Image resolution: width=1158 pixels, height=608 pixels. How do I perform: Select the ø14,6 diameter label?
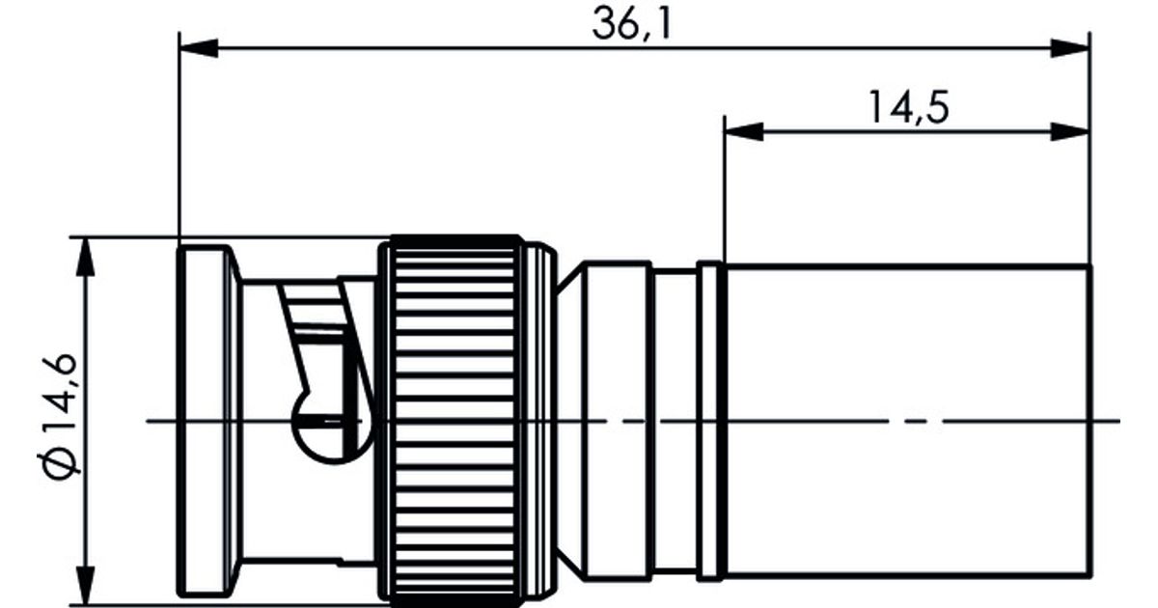click(60, 417)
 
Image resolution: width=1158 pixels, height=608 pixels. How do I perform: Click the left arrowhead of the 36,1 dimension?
click(198, 48)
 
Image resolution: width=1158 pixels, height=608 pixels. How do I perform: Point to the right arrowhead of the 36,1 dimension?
click(1070, 48)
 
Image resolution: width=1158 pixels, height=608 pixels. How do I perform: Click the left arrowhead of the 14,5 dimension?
click(743, 132)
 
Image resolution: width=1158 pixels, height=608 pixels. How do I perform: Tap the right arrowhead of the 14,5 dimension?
click(1070, 132)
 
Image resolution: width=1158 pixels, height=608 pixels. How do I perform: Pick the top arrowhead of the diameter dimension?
click(85, 257)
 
